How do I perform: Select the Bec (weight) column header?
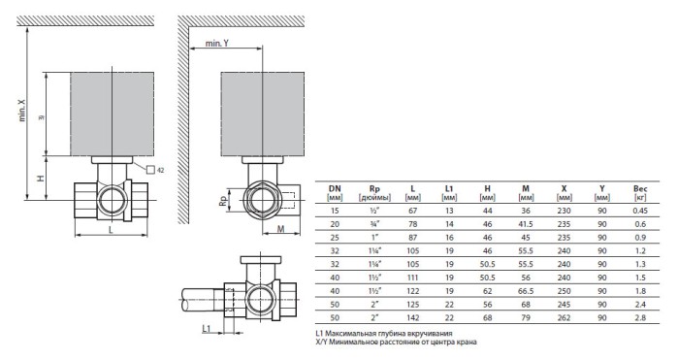coord(640,189)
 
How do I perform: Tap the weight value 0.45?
coord(640,210)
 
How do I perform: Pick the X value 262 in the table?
coord(565,317)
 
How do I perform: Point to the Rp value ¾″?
coord(373,223)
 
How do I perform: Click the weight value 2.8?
coord(640,317)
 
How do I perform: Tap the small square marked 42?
coord(151,170)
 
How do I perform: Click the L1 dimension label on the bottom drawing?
coord(208,329)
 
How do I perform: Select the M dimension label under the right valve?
coord(278,229)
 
